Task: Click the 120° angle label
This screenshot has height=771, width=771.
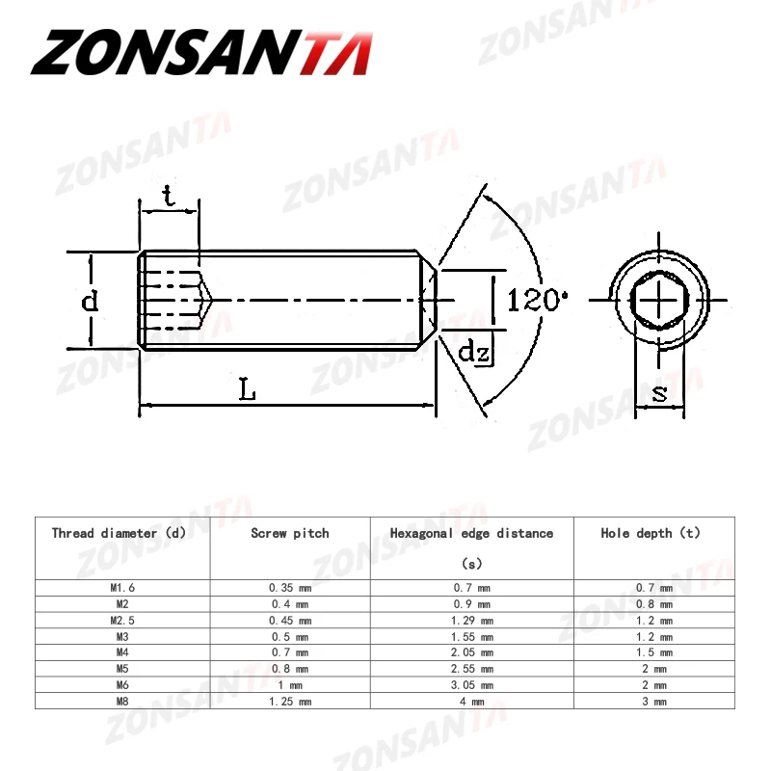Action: point(533,300)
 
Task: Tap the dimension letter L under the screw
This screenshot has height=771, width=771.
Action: point(248,390)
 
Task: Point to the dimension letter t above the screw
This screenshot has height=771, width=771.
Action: point(169,197)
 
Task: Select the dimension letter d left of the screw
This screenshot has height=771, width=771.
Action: point(89,301)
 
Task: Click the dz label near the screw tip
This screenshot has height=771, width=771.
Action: point(474,352)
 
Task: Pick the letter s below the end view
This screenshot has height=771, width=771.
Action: point(659,392)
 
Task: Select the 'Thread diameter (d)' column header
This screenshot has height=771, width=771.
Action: point(119,533)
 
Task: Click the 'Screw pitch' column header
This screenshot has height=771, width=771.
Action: point(289,533)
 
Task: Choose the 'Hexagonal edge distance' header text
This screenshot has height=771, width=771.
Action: point(471,533)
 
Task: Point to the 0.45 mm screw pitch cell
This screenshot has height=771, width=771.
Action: point(289,620)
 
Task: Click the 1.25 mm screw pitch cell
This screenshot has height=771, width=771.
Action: point(289,702)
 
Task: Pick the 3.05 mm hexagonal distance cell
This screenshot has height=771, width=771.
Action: point(471,685)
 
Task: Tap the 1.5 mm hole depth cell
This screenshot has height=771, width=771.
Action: point(653,652)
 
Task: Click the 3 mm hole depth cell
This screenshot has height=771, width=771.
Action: point(653,702)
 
